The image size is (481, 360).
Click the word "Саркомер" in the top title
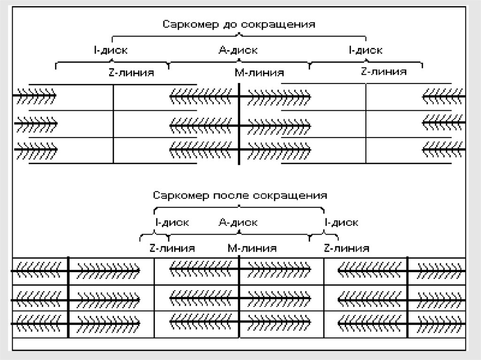[x=185, y=24]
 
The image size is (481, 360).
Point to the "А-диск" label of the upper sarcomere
[x=238, y=50]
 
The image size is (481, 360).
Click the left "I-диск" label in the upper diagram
[x=110, y=50]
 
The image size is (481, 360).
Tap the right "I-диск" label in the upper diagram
[x=365, y=50]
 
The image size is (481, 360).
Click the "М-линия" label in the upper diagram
[x=259, y=73]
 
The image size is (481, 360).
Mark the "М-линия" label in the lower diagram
[x=252, y=248]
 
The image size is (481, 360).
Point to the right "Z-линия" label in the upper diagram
[x=383, y=72]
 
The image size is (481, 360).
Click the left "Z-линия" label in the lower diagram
[x=172, y=248]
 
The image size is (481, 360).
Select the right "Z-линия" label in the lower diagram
[x=346, y=248]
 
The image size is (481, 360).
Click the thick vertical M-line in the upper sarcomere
[x=239, y=136]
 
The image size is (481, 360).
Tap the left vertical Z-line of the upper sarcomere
[x=113, y=136]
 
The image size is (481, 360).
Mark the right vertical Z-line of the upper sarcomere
[x=366, y=136]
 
